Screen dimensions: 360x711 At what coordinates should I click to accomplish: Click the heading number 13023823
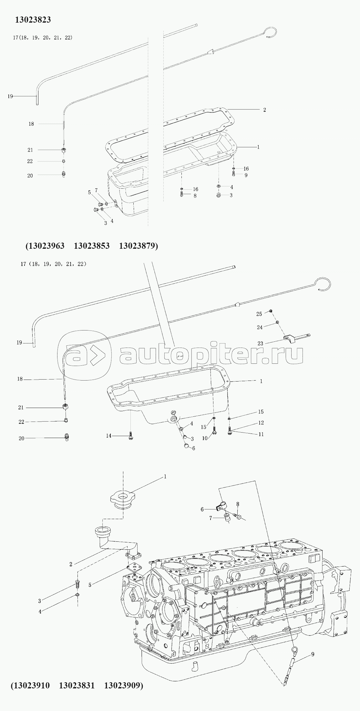coord(33,20)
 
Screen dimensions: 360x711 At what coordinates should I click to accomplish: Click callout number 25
coord(259,314)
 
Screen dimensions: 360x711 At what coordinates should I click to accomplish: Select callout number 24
coord(260,327)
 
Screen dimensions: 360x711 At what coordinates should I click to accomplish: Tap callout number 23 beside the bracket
coord(260,343)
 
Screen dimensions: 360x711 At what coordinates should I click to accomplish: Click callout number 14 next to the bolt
coord(109,436)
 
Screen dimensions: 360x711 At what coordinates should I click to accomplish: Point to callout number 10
coord(205,438)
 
